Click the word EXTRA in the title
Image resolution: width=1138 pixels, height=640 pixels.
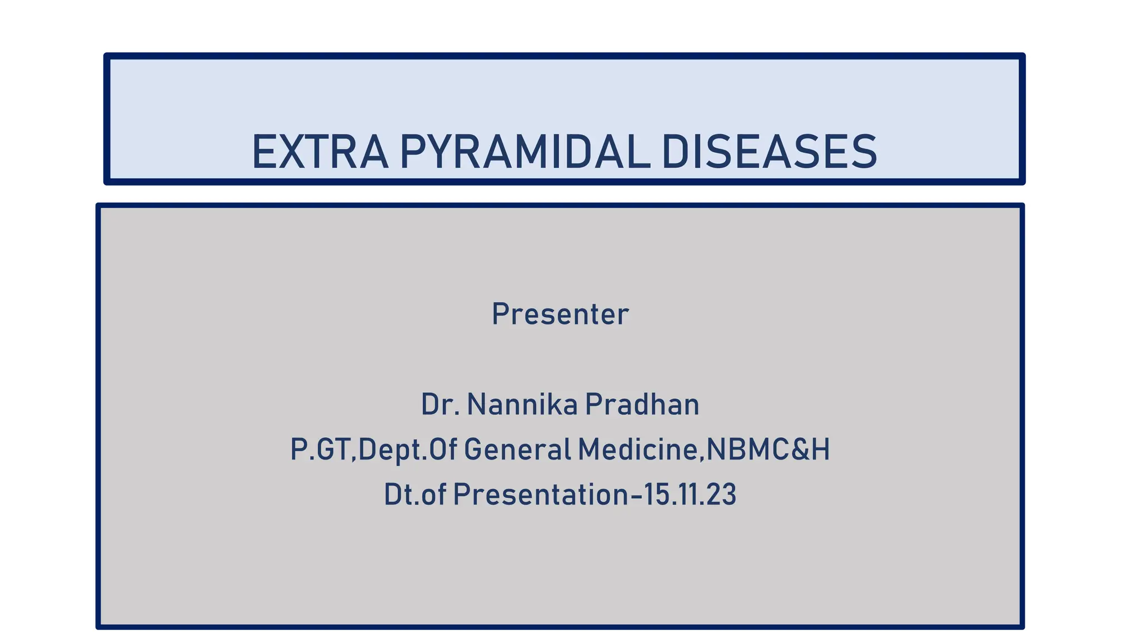coord(320,152)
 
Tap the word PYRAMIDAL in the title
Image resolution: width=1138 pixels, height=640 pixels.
coord(525,152)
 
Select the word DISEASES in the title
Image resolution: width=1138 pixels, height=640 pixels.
coord(770,152)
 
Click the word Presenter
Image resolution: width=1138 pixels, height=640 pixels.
coord(560,314)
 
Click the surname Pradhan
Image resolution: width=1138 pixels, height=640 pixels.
coord(642,404)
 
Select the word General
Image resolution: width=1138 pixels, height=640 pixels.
coord(517,449)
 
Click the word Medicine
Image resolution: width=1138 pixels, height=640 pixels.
coord(638,449)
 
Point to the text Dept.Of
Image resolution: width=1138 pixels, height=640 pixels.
coord(408,449)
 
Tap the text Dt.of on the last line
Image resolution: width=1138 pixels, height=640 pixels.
coord(415,494)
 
